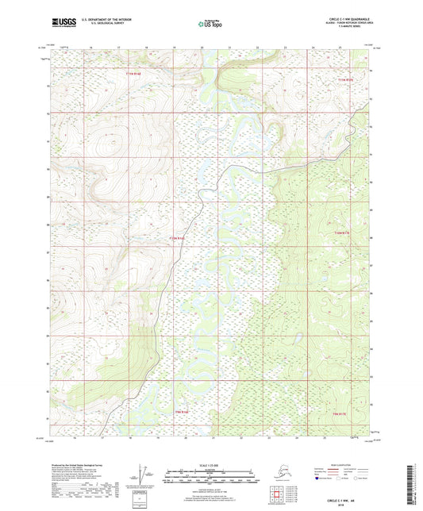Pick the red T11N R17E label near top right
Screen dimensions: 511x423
(x=343, y=79)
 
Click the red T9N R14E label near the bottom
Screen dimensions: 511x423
(x=182, y=412)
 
